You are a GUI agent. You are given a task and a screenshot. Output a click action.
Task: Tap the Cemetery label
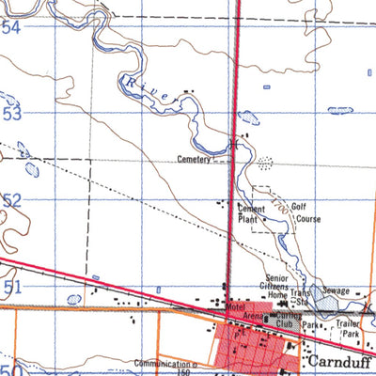pyautogui.click(x=196, y=161)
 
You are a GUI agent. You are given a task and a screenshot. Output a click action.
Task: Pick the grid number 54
pyautogui.click(x=11, y=28)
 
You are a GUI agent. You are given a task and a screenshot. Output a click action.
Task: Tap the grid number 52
pyautogui.click(x=11, y=199)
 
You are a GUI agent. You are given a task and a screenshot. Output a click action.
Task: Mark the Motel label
pyautogui.click(x=235, y=307)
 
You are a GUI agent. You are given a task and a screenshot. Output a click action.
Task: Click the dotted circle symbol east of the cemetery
pyautogui.click(x=265, y=163)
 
